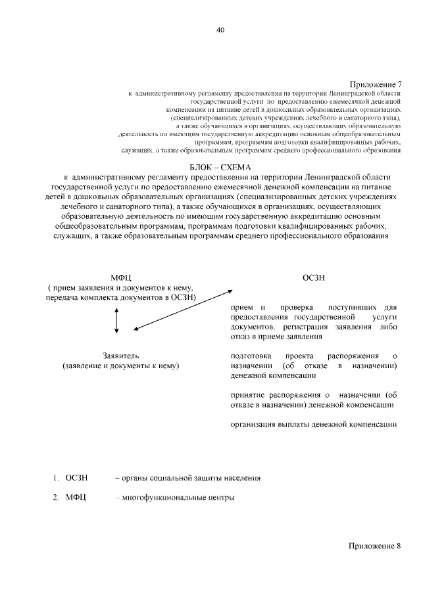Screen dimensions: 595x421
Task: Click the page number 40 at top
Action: click(220, 30)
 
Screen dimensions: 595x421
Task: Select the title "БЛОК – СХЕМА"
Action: click(220, 168)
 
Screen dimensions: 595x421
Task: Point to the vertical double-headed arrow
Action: click(116, 320)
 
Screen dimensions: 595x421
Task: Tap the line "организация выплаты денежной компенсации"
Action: click(313, 424)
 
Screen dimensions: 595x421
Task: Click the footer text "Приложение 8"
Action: click(374, 547)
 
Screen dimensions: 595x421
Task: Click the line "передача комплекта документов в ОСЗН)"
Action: click(121, 297)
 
